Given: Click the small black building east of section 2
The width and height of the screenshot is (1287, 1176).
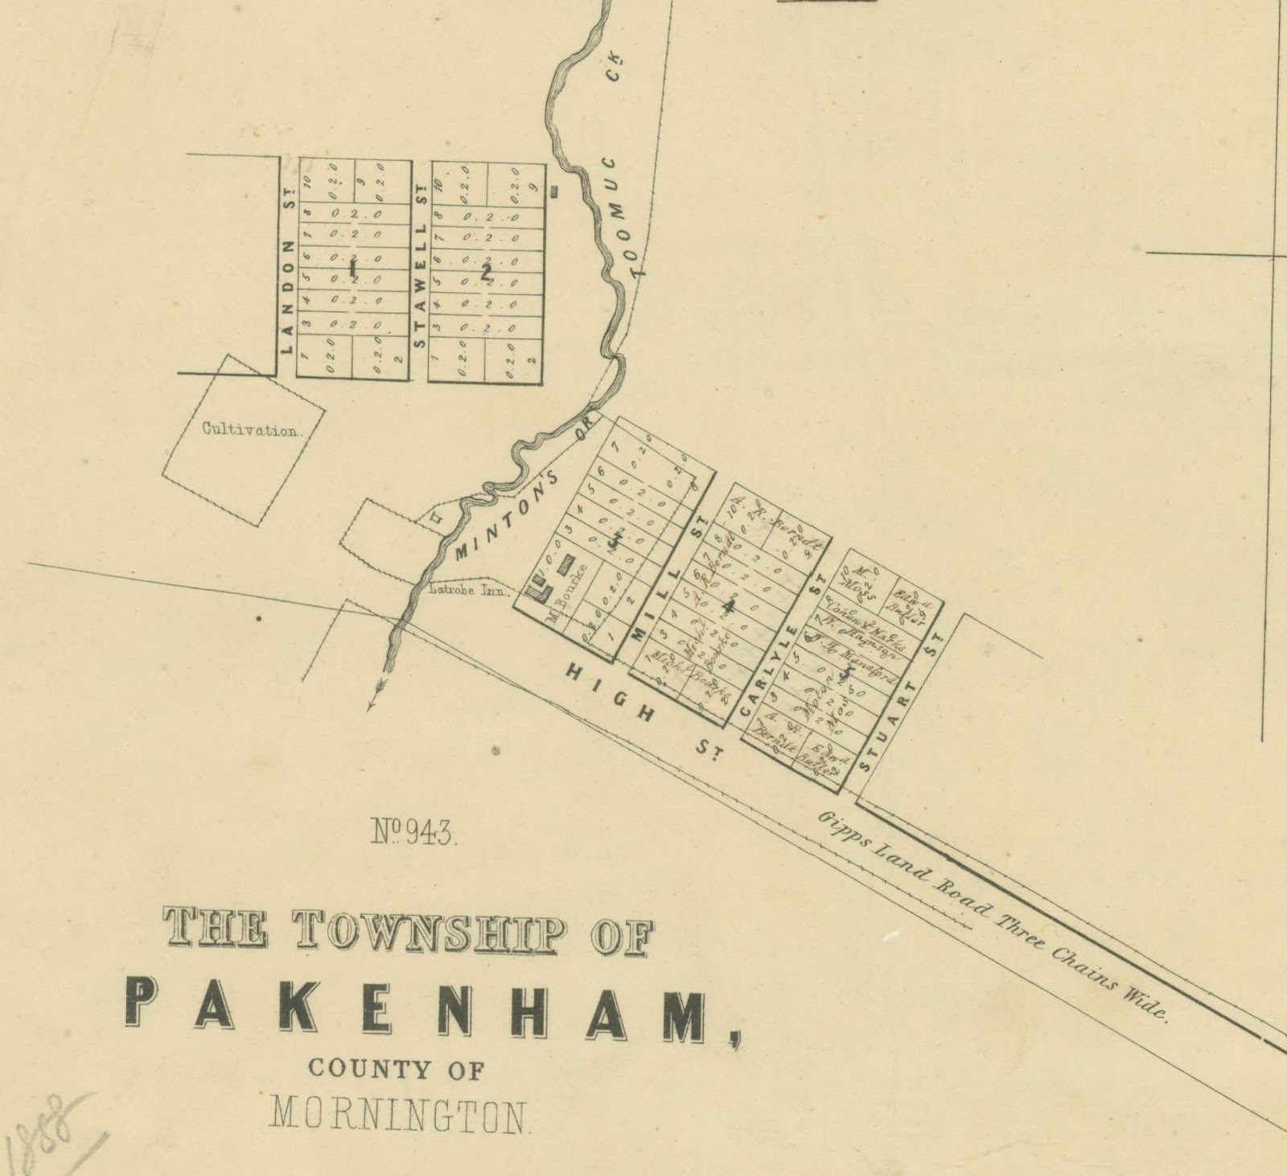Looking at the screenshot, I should (x=554, y=191).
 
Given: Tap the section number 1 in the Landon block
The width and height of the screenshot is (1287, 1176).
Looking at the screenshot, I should (x=352, y=268).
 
